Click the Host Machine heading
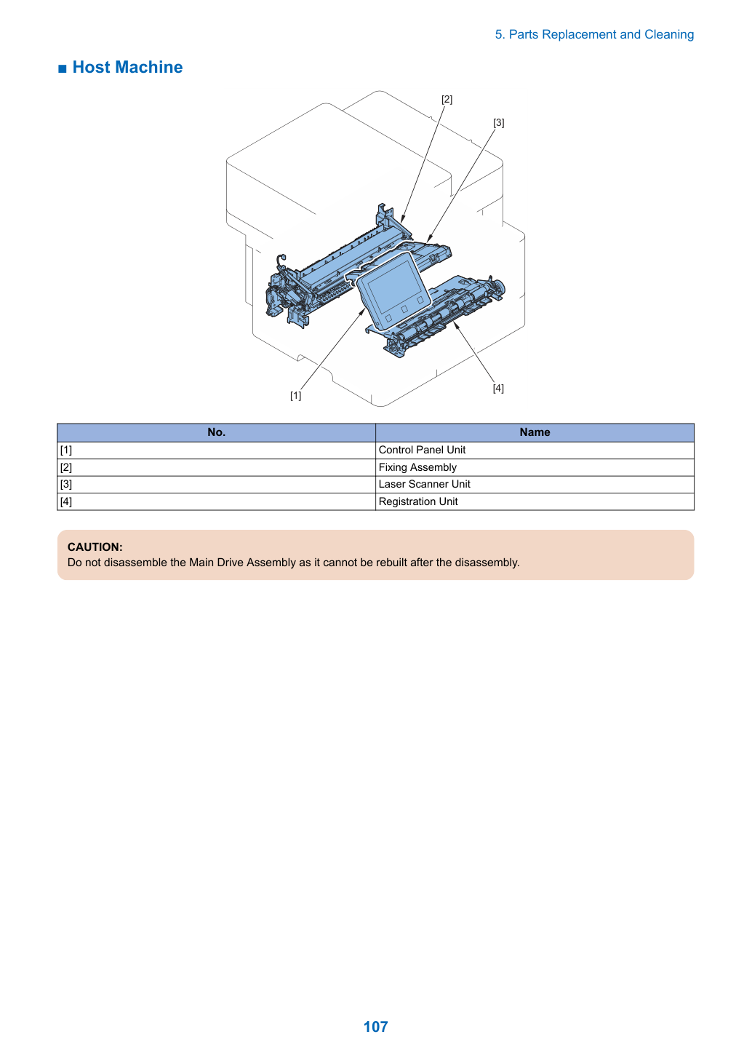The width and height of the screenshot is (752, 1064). click(x=127, y=68)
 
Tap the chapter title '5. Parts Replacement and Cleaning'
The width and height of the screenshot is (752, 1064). click(x=594, y=35)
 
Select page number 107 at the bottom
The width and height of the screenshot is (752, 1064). click(x=375, y=1026)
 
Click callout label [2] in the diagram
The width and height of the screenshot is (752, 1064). click(x=447, y=99)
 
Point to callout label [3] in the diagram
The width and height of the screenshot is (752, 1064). click(x=498, y=122)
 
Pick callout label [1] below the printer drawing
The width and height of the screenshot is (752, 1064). click(x=295, y=395)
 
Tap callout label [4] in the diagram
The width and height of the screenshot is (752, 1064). click(x=498, y=388)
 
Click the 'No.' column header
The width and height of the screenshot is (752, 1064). click(x=217, y=432)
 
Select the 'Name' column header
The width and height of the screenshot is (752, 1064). click(x=535, y=432)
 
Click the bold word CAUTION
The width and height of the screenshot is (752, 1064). click(x=95, y=547)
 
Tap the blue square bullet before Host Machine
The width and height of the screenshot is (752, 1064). click(x=63, y=69)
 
